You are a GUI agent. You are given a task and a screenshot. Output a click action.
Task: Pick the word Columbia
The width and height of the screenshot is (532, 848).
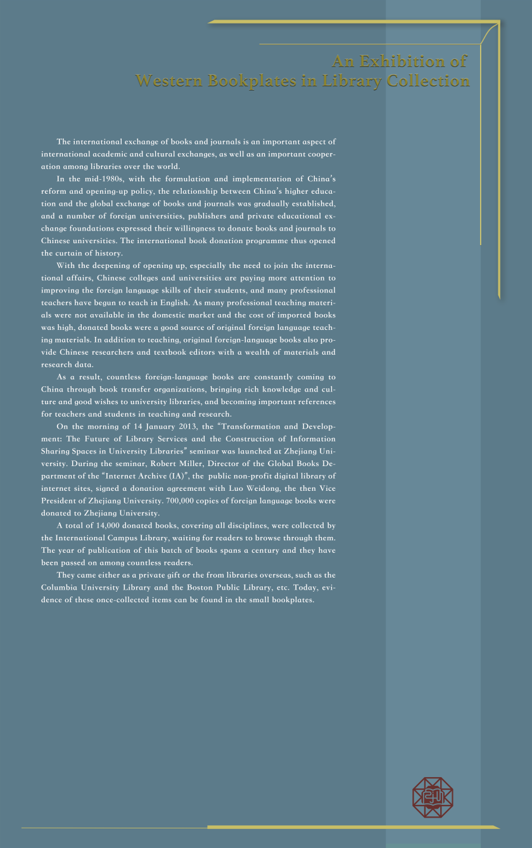62,587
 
